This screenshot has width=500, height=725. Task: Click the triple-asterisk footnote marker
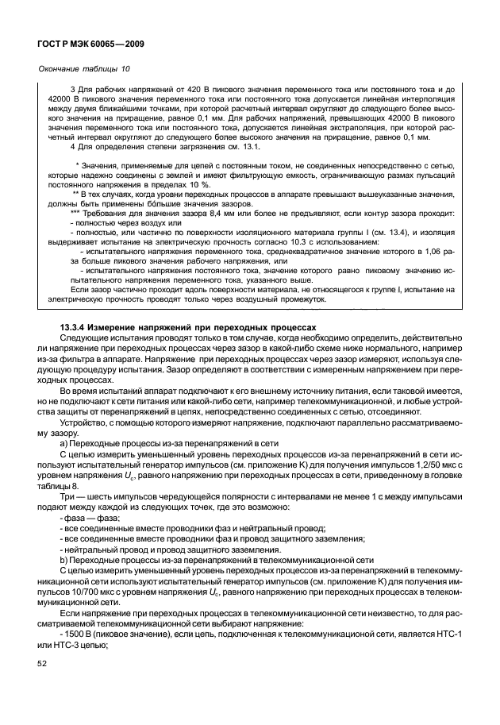(x=75, y=214)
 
